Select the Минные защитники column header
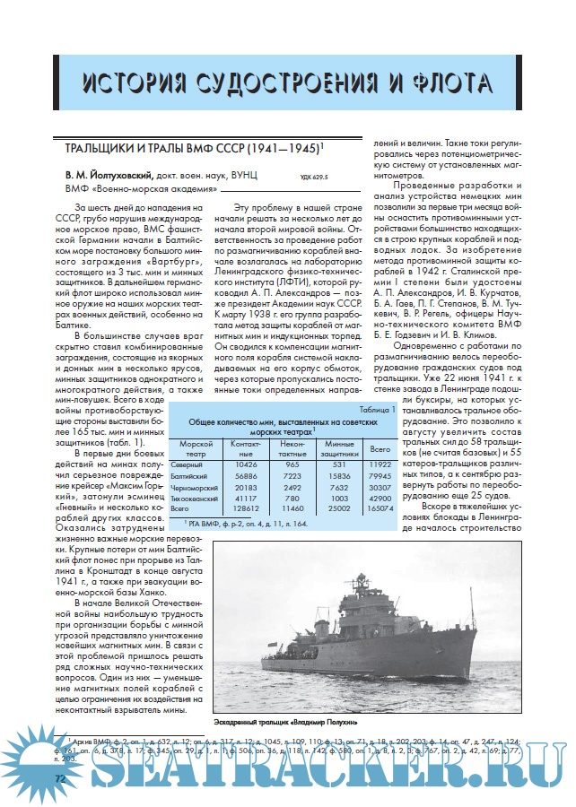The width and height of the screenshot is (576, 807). pos(339,447)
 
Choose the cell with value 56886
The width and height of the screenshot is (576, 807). pos(245,475)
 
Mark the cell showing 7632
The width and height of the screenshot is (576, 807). pos(339,486)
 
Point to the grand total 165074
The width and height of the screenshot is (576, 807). pos(380,508)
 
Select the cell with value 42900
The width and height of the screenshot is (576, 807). pos(380,497)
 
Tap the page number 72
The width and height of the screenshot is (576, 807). pos(61,778)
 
